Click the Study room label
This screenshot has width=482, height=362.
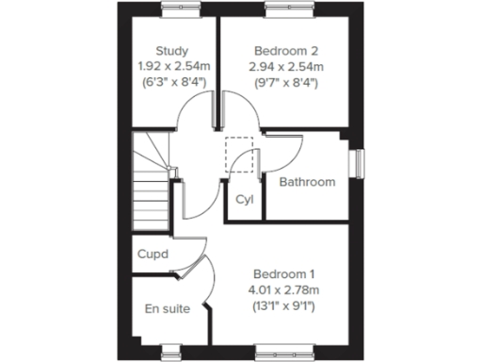point(173,51)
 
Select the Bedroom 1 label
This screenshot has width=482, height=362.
point(282,273)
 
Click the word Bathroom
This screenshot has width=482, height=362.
point(307,182)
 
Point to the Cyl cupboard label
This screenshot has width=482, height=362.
point(245,200)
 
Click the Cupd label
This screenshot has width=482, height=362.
point(153,255)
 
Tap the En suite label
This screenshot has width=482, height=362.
point(168,308)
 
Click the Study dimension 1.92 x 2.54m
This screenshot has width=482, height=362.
point(173,67)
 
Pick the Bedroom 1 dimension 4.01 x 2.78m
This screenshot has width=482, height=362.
point(282,289)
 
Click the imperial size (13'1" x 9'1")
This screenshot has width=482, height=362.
point(282,305)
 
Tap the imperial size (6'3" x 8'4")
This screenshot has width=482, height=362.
point(173,83)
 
